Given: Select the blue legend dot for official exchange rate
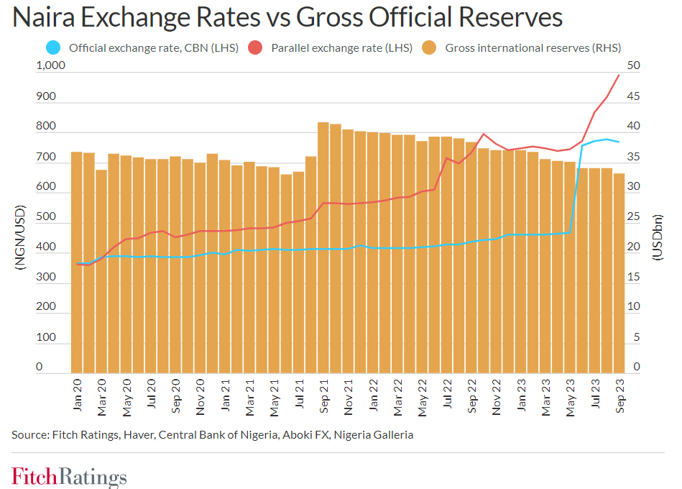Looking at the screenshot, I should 52,48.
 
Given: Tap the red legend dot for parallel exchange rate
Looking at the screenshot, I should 255,48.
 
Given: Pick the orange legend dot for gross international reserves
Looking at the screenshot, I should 429,48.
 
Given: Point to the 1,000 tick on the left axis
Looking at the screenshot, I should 50,65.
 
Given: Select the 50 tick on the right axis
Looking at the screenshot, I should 634,65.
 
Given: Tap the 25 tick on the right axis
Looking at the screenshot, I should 634,216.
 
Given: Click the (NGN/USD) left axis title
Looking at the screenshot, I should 20,237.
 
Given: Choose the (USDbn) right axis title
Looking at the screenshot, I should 658,237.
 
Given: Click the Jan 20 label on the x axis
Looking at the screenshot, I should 78,396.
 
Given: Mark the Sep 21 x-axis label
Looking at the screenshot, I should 323,396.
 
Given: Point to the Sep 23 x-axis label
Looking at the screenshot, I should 619,396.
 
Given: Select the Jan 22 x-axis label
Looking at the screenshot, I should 373,396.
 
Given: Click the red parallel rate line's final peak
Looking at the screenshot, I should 619,76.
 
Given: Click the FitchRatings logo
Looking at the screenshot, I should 69,476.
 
